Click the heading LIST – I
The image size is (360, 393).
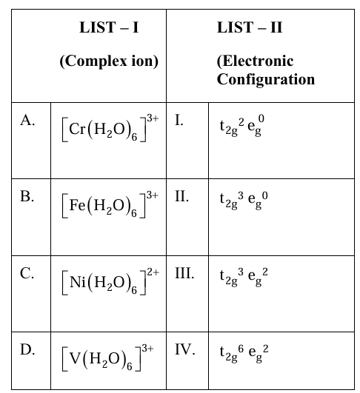[x=109, y=27]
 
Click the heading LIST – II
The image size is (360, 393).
[x=250, y=27]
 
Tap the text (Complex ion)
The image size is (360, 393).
[x=109, y=61]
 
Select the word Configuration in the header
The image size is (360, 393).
[x=266, y=80]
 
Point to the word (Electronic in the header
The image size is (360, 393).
[x=255, y=61]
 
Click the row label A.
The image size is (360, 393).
[x=27, y=120]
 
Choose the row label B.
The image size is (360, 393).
[x=27, y=196]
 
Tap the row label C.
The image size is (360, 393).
[x=27, y=273]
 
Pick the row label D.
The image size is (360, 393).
[x=27, y=349]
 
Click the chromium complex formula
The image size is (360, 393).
[x=110, y=128]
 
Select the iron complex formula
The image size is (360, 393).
[x=110, y=204]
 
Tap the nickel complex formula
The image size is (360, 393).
[x=110, y=281]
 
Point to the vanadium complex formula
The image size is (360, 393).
[x=107, y=357]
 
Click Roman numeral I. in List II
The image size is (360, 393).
[x=179, y=120]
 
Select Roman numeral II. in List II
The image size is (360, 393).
[x=182, y=196]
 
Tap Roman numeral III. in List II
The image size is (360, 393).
[x=184, y=273]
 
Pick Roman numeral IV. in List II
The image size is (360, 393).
[x=185, y=349]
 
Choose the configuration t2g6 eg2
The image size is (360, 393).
[x=244, y=353]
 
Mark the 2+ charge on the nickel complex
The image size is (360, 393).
[x=153, y=272]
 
